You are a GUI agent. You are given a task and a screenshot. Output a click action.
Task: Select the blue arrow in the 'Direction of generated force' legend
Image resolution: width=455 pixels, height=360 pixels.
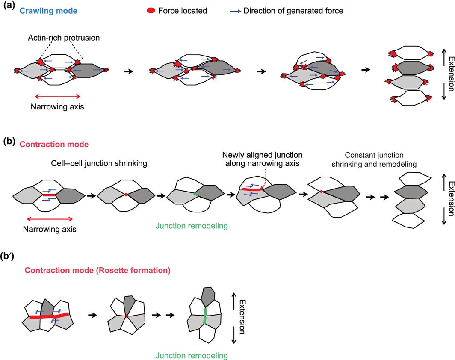pos(233,10)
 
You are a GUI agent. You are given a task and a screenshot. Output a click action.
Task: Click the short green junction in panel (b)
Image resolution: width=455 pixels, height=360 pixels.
pos(196,195)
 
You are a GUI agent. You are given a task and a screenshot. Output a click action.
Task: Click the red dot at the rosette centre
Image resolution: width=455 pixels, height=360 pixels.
pos(127,316)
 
